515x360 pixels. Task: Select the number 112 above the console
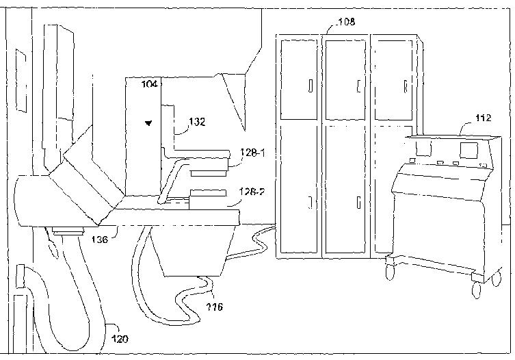tap(483, 118)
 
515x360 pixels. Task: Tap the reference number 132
tap(197, 122)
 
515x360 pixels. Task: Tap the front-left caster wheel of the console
tap(391, 273)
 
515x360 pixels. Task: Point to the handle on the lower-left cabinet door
tap(311, 202)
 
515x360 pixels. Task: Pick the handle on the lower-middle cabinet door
tap(358, 202)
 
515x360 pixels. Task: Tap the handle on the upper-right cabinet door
tap(405, 86)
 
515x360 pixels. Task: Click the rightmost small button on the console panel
tap(483, 164)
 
